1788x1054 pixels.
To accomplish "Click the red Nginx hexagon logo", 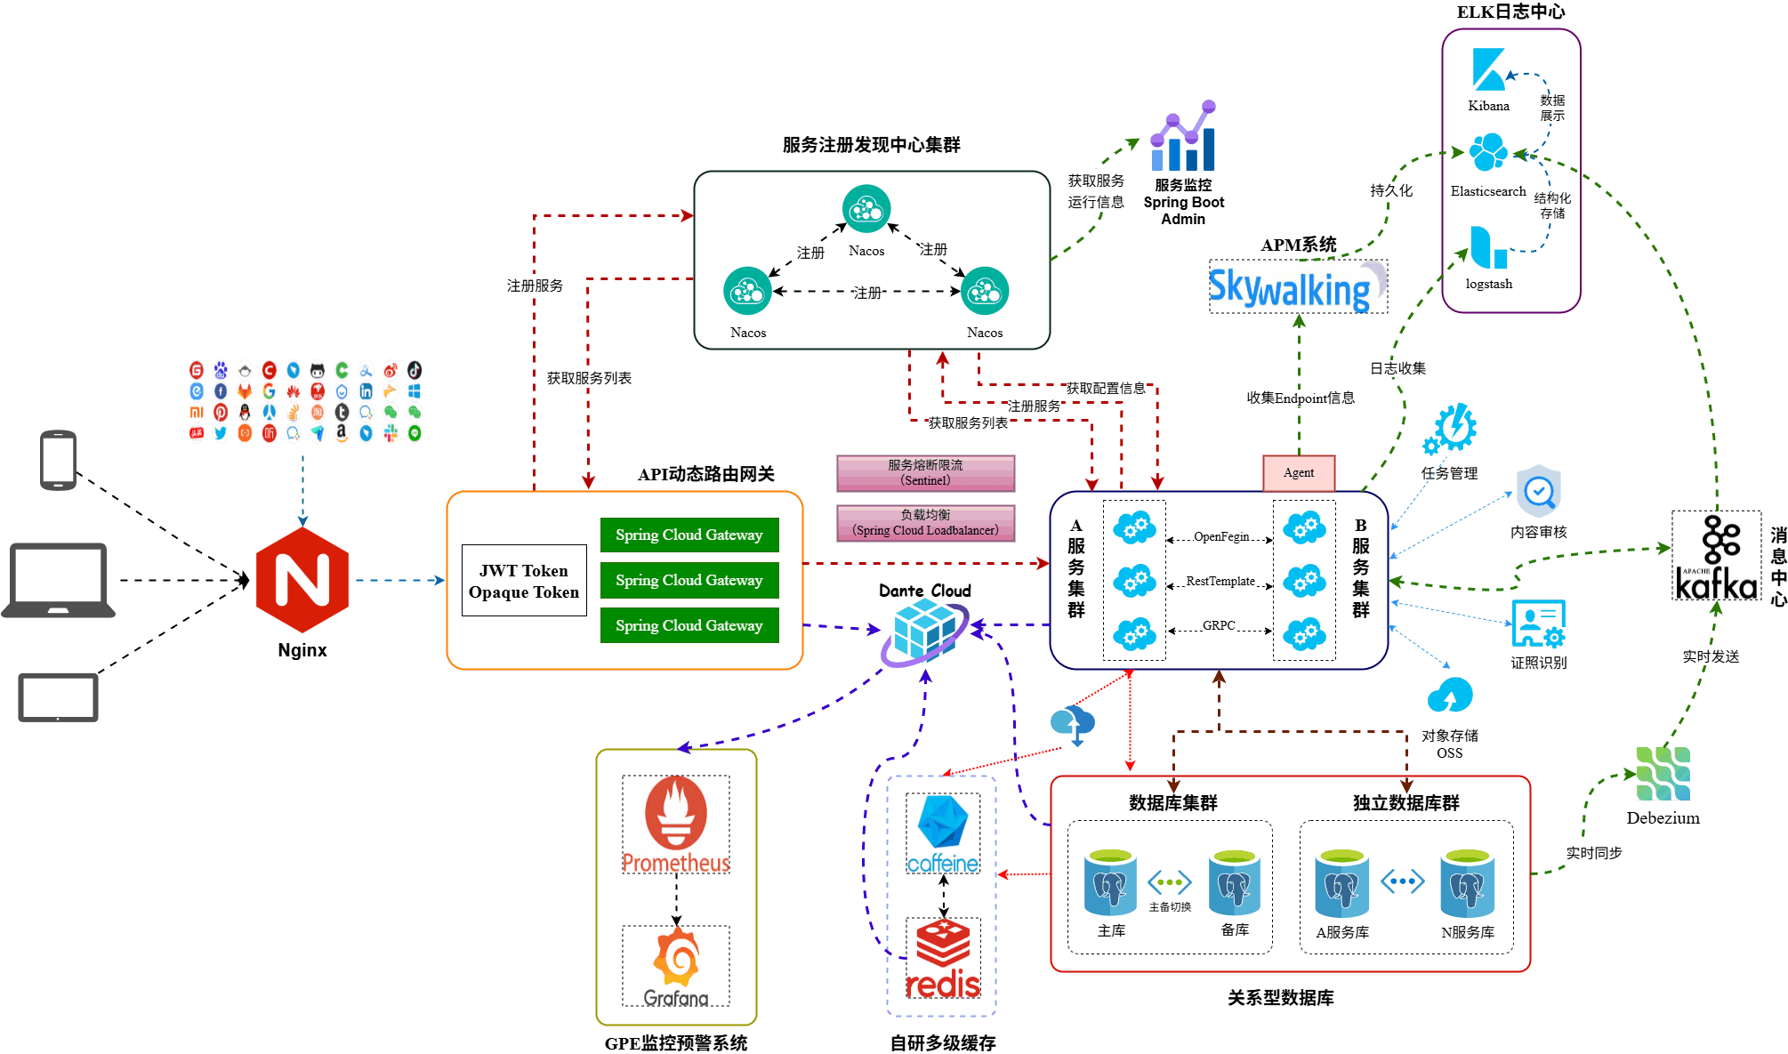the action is [302, 580].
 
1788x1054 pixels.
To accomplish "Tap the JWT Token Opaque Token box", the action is [524, 581].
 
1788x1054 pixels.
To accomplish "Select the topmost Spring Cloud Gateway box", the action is [689, 535].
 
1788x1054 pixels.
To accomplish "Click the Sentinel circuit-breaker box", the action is [925, 473].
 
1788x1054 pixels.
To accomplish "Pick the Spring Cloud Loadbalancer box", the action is [925, 523].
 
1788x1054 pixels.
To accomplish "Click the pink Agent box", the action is [1299, 473].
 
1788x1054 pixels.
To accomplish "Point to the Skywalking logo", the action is [1298, 286].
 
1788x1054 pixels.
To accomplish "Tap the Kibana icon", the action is [1488, 69].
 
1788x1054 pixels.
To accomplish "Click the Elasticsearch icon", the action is [1488, 152].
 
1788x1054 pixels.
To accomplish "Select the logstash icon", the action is [1488, 247].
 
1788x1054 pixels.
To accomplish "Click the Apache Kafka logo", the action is [1717, 557].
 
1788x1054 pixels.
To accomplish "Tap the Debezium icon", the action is [1663, 774].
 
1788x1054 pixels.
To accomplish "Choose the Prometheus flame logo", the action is [676, 824].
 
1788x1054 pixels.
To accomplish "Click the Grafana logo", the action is [676, 966].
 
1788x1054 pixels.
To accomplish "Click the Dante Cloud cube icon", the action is [925, 632].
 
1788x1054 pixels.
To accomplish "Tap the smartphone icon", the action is [59, 460].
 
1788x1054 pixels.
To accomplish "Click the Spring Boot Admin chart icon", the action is [1183, 135].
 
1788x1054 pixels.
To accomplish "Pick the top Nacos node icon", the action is [866, 208].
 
